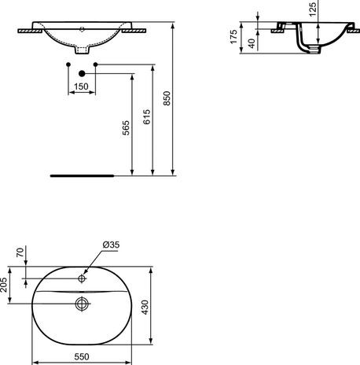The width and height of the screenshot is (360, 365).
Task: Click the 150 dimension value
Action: point(81,86)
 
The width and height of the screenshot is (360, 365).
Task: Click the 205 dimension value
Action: point(6,284)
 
